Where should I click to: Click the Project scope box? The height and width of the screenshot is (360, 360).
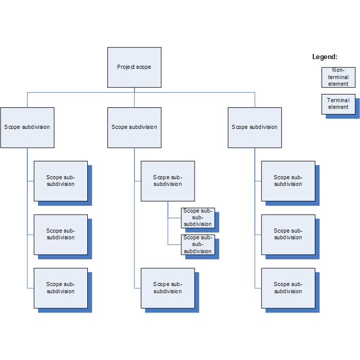pyautogui.click(x=135, y=67)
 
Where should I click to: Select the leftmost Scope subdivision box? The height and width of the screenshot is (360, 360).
pyautogui.click(x=27, y=127)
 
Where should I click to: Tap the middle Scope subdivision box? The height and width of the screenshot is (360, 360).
pyautogui.click(x=135, y=127)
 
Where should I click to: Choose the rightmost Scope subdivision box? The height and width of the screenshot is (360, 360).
pyautogui.click(x=255, y=127)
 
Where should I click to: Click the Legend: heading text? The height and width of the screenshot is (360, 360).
pyautogui.click(x=325, y=56)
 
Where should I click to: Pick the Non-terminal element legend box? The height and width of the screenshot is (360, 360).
pyautogui.click(x=338, y=78)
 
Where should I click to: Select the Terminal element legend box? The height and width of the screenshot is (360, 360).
pyautogui.click(x=338, y=104)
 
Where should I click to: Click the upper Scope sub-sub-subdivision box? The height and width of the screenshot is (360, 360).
pyautogui.click(x=198, y=218)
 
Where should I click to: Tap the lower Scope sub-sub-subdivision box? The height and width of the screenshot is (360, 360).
pyautogui.click(x=198, y=244)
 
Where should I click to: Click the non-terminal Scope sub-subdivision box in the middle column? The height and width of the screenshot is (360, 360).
pyautogui.click(x=168, y=181)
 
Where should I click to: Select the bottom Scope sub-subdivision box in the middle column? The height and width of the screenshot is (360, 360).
pyautogui.click(x=168, y=288)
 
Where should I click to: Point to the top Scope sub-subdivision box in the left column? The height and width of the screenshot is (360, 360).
pyautogui.click(x=61, y=181)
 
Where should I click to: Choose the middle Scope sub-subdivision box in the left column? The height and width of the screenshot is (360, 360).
pyautogui.click(x=61, y=235)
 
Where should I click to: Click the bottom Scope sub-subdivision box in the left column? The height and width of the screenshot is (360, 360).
pyautogui.click(x=61, y=288)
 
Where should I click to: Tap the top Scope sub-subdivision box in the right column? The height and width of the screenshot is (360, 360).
pyautogui.click(x=289, y=181)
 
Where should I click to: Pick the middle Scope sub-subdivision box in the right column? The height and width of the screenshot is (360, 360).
pyautogui.click(x=289, y=235)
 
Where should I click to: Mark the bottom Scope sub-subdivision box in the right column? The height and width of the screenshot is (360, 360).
pyautogui.click(x=289, y=288)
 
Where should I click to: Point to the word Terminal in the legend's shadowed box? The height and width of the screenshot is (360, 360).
pyautogui.click(x=338, y=100)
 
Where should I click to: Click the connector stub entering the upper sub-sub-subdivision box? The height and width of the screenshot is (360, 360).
pyautogui.click(x=175, y=218)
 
